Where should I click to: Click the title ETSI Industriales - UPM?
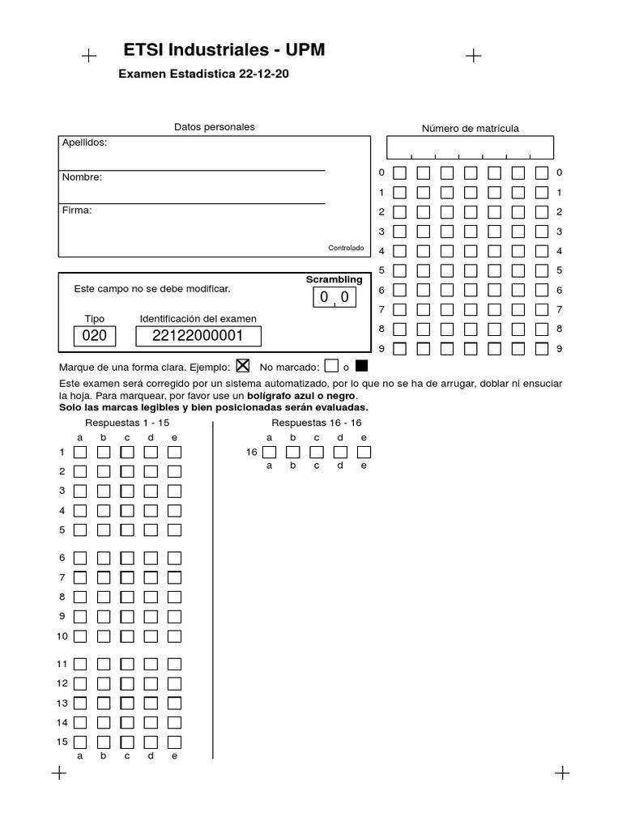click(x=224, y=50)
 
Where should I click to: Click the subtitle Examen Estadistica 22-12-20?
click(x=204, y=74)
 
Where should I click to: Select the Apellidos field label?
click(x=84, y=142)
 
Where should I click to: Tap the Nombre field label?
click(x=82, y=176)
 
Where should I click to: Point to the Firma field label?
click(x=77, y=210)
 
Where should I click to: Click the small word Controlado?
click(x=346, y=248)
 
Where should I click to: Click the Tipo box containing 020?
click(x=95, y=336)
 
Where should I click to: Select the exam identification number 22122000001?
click(x=198, y=336)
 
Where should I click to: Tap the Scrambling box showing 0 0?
click(x=334, y=297)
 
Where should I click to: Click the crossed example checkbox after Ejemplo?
click(x=243, y=365)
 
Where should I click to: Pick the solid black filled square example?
click(x=361, y=365)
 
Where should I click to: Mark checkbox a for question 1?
click(x=80, y=452)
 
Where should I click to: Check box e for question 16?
click(x=364, y=452)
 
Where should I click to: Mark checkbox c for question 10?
click(x=127, y=636)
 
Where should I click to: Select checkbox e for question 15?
click(x=174, y=742)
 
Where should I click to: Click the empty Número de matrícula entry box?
click(x=470, y=147)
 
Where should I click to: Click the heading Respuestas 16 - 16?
click(x=317, y=423)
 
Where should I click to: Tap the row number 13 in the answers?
click(x=62, y=703)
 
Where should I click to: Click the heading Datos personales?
click(x=215, y=127)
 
